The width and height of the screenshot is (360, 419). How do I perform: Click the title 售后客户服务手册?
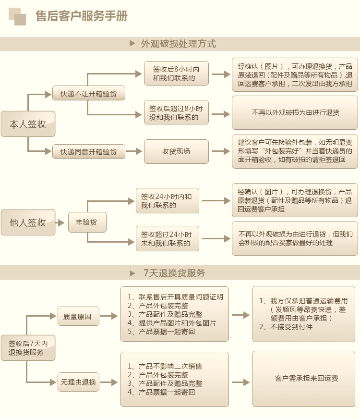(x=82, y=17)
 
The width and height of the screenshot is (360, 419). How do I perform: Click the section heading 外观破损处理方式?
(x=178, y=44)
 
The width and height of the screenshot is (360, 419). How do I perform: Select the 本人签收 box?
(x=28, y=124)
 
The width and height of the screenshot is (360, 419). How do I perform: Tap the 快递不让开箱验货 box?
(x=88, y=93)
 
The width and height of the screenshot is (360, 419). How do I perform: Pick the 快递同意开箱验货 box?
(x=88, y=152)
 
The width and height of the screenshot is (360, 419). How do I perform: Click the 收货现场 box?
(x=176, y=152)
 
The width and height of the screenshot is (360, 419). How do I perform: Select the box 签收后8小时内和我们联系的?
(x=176, y=74)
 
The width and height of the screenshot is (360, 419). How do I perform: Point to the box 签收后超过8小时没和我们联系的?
(x=176, y=112)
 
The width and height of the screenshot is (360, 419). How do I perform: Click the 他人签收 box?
(x=28, y=222)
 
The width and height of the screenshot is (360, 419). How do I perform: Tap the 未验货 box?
(x=86, y=222)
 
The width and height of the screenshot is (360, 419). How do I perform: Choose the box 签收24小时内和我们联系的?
(x=167, y=200)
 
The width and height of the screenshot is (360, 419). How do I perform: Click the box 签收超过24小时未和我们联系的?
(x=167, y=239)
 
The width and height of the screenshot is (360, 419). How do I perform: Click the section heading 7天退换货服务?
(x=174, y=273)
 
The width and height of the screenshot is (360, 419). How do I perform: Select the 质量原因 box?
(x=78, y=317)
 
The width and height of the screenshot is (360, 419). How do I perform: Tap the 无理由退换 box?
(x=78, y=382)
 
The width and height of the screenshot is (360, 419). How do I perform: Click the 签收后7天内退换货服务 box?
(x=28, y=348)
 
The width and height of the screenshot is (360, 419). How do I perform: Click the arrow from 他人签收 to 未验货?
(x=60, y=223)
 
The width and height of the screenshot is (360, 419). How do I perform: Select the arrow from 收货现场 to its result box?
(x=221, y=152)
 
